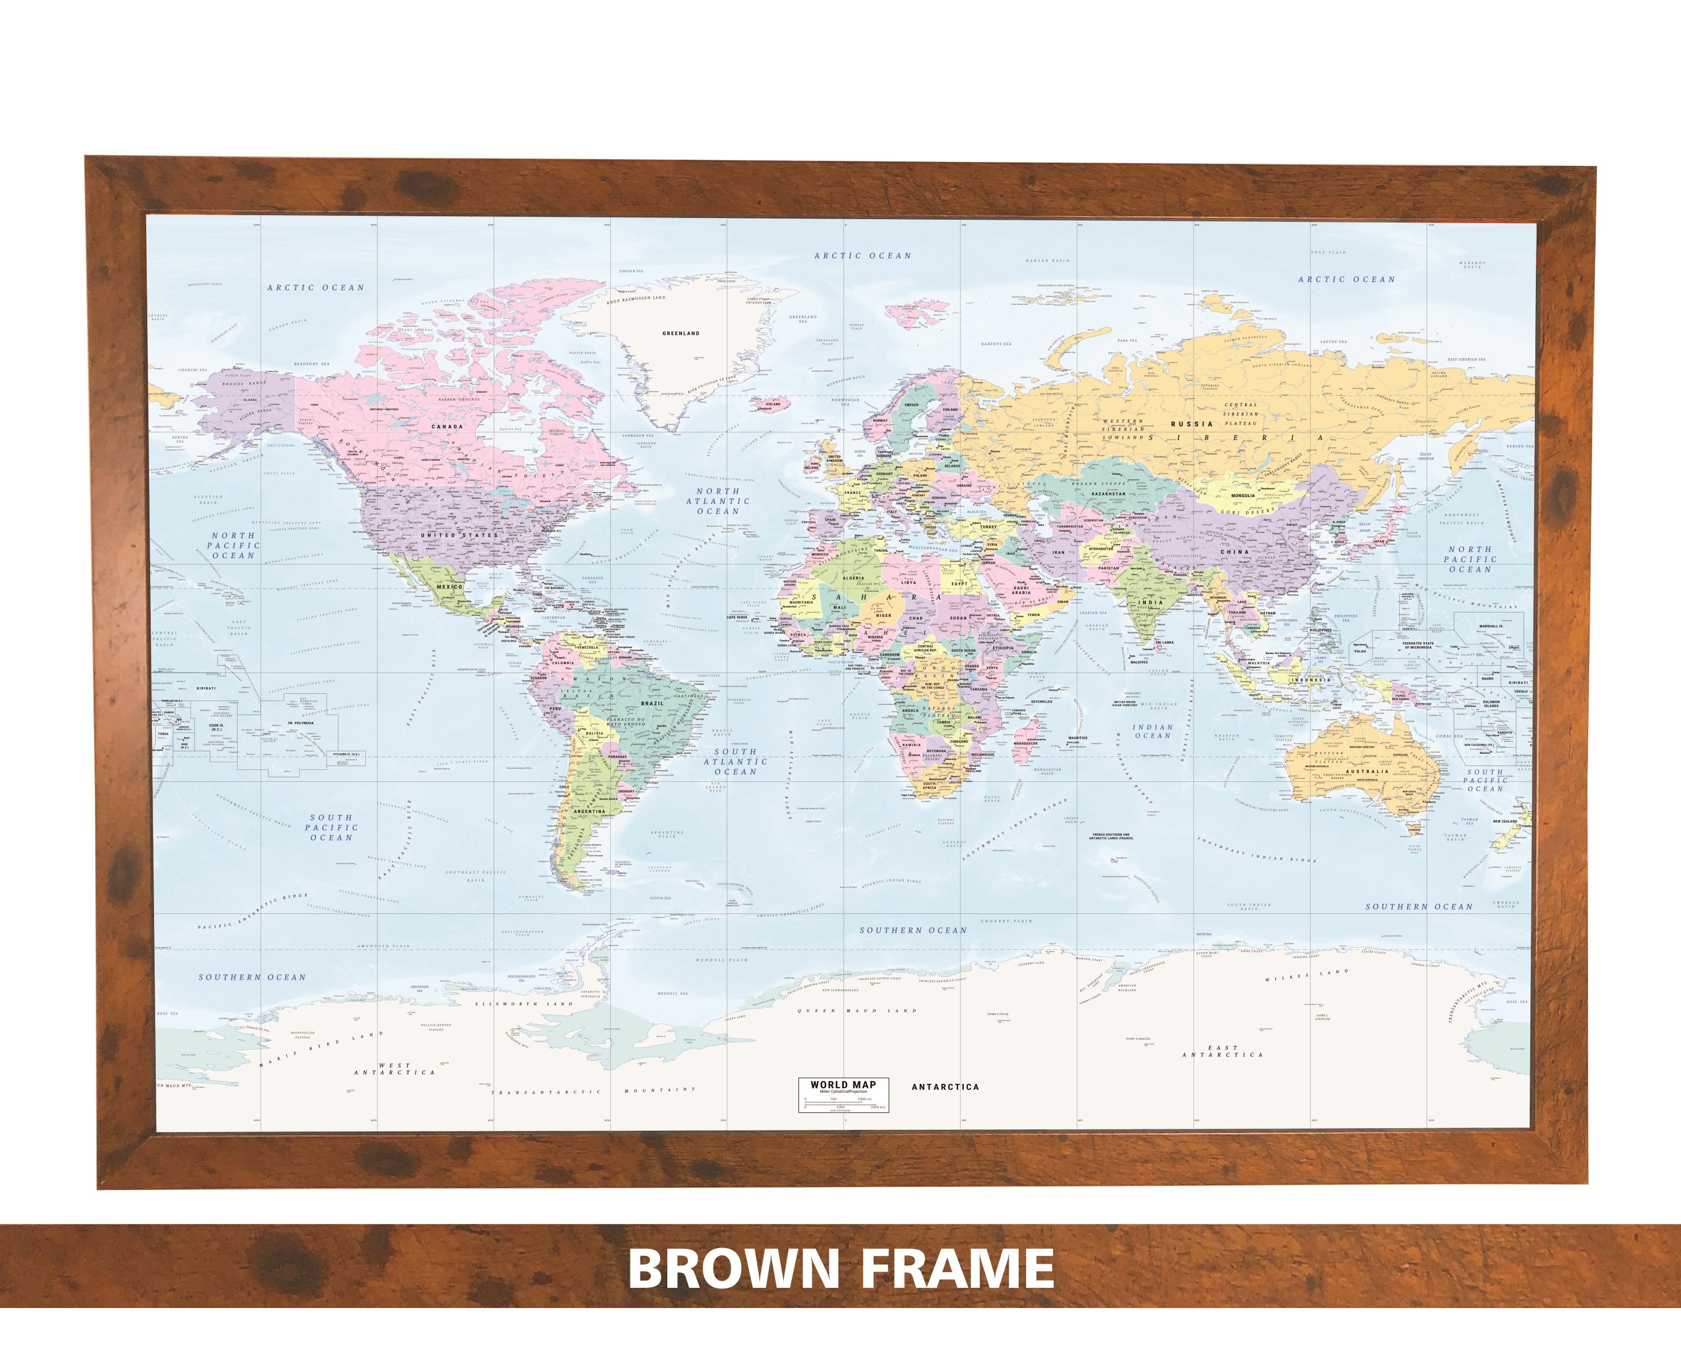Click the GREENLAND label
click(x=681, y=333)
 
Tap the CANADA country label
click(x=448, y=426)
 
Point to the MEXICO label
click(x=449, y=586)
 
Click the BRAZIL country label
click(x=652, y=703)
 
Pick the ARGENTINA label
click(x=589, y=811)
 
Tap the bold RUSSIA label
click(x=1191, y=424)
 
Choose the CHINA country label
click(x=1234, y=551)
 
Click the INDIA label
click(x=1150, y=602)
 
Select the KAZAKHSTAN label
click(x=1108, y=494)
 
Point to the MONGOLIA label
click(x=1243, y=495)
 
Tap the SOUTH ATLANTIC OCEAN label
click(x=735, y=762)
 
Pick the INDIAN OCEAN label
click(x=1153, y=731)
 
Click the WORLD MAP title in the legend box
click(x=843, y=1084)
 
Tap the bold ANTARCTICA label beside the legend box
click(x=945, y=1086)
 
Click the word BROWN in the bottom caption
click(x=733, y=1269)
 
